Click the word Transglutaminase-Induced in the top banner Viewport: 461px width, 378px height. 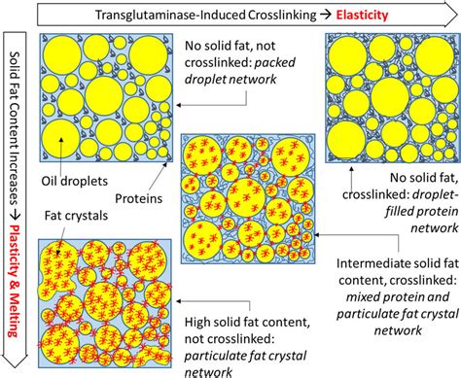(157, 15)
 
